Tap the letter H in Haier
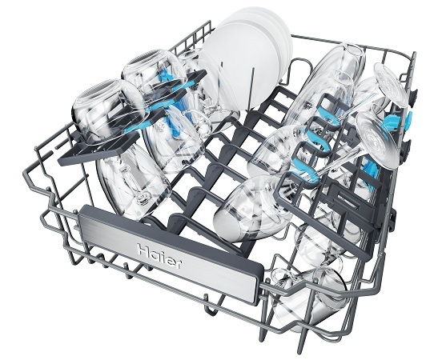143,250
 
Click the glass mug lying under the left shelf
133,182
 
